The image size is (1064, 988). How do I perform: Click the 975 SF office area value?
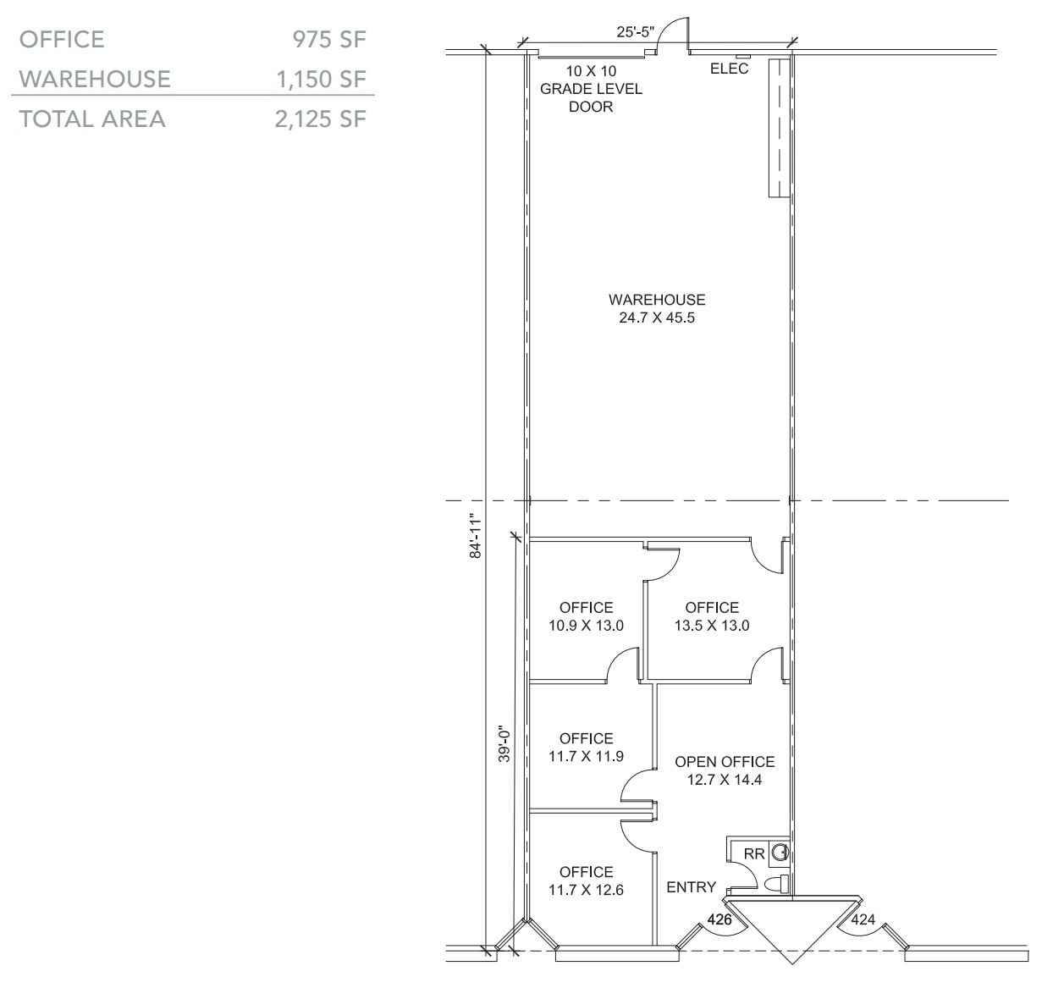click(328, 39)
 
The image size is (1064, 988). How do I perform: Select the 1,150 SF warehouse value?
click(321, 79)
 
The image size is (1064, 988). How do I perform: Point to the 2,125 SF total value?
click(320, 119)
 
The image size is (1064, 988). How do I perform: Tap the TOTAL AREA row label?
click(92, 119)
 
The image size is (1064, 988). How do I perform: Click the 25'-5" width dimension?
click(635, 32)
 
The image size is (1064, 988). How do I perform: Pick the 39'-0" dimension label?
click(504, 744)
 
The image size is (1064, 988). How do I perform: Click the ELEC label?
click(729, 69)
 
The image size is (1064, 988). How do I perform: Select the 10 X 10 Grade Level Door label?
click(591, 89)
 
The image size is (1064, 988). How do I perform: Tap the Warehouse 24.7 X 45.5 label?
click(656, 309)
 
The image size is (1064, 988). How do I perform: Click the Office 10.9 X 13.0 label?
click(586, 616)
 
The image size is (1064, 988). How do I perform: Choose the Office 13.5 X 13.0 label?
click(711, 616)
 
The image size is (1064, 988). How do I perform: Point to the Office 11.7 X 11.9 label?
click(586, 748)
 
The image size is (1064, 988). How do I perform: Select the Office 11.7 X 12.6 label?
click(586, 880)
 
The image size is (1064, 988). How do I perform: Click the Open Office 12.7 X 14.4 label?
click(724, 770)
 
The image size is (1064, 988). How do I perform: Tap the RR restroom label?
click(753, 854)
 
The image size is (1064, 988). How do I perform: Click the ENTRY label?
click(691, 887)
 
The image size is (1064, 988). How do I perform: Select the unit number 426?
click(719, 919)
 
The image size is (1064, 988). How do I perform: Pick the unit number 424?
click(863, 919)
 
